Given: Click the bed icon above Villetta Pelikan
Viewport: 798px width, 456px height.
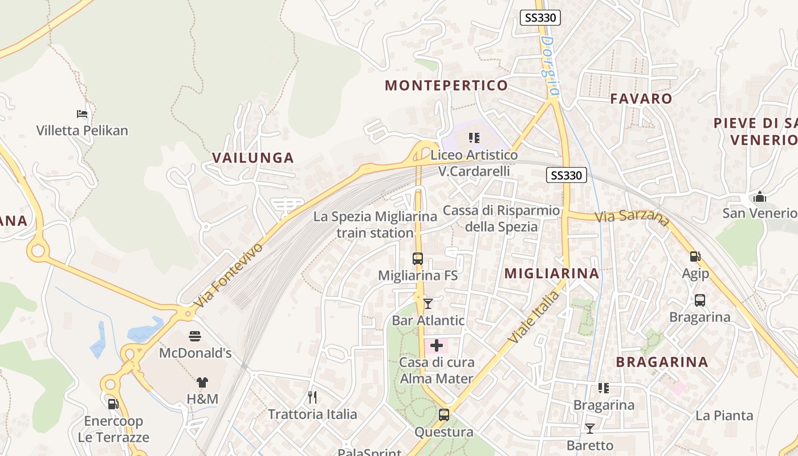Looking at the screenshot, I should (x=82, y=114).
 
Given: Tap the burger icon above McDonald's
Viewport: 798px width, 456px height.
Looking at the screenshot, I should (x=195, y=336).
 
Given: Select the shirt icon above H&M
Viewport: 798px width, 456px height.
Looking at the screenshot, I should (x=203, y=382).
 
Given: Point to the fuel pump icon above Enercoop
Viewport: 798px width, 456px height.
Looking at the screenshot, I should (x=113, y=404).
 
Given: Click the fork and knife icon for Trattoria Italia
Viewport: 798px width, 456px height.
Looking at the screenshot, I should (x=312, y=397).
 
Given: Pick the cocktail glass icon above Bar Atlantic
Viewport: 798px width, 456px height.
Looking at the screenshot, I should (x=428, y=303).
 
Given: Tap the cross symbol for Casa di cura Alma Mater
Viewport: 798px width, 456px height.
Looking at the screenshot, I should (x=437, y=345).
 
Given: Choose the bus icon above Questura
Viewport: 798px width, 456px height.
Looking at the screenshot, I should (x=444, y=415).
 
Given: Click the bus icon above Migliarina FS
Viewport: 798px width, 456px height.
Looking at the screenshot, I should (x=418, y=259).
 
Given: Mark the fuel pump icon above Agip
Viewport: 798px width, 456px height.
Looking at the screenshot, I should (x=695, y=257).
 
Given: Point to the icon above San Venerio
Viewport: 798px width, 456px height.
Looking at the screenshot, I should (x=759, y=197).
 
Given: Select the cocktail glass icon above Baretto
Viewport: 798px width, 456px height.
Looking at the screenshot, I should (x=590, y=428).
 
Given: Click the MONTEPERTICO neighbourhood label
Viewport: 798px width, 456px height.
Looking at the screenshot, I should (x=446, y=85).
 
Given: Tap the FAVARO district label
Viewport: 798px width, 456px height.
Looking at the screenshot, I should (x=641, y=99).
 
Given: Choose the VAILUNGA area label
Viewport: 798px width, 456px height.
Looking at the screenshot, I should (x=253, y=158).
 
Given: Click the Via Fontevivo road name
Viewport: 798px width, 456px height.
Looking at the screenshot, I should (x=229, y=276).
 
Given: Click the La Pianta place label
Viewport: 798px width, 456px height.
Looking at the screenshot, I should (x=724, y=416).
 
